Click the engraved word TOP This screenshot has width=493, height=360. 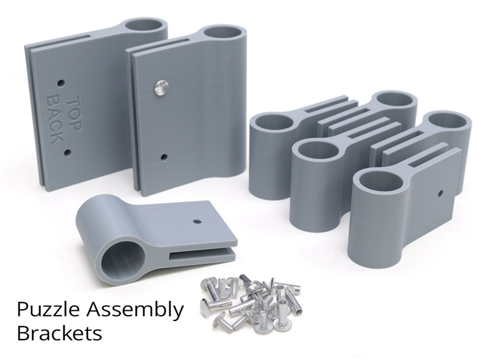pos(75,113)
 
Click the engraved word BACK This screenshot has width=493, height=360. pos(55,120)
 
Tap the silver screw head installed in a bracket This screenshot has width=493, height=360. pos(161,87)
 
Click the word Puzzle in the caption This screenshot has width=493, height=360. pos(48,309)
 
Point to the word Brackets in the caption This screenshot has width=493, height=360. pos(59,333)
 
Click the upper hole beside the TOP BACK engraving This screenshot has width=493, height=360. pos(61,83)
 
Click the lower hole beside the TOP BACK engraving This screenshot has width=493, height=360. pos(67,153)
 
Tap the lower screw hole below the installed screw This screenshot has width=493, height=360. pos(163,157)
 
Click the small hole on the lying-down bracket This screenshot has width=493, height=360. pos(197,222)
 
